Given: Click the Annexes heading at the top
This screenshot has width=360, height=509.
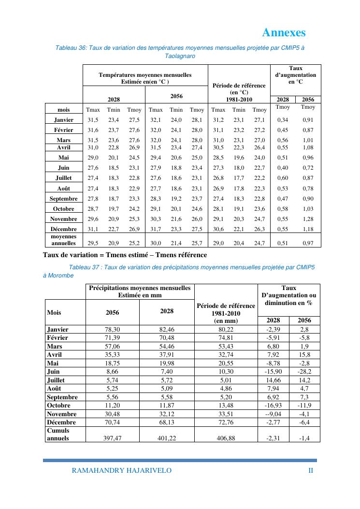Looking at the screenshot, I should [x=284, y=32].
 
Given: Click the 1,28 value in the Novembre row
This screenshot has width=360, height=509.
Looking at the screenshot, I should [x=308, y=219].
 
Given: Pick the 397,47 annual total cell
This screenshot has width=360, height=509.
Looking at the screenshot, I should [x=112, y=438].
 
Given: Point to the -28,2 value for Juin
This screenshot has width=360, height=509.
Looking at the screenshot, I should [x=304, y=372].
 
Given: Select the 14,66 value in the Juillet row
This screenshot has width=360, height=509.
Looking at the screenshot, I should [x=273, y=380].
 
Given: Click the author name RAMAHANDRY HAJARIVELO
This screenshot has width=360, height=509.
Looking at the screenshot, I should [x=121, y=470].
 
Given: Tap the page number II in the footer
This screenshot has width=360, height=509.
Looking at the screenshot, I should [x=311, y=470].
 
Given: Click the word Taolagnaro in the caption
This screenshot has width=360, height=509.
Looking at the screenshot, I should [x=180, y=56].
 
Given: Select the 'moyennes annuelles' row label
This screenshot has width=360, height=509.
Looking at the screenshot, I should [x=63, y=240].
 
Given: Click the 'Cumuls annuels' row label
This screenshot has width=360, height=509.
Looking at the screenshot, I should [x=58, y=434].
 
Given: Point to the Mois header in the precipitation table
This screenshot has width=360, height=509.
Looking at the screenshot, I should [x=54, y=312].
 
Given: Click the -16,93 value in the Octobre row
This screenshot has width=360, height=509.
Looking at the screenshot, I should [x=273, y=406].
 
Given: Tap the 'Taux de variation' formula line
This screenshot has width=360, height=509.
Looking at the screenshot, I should [x=125, y=255].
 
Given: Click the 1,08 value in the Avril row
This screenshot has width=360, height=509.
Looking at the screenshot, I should [x=308, y=147].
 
